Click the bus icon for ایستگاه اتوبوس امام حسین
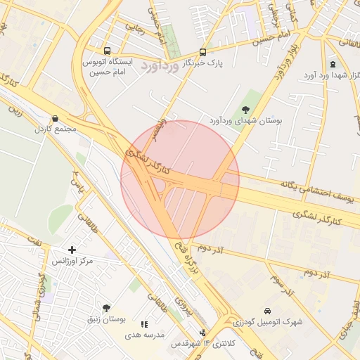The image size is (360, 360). pyautogui.click(x=107, y=51)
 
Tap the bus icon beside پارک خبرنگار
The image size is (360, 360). pyautogui.click(x=203, y=52)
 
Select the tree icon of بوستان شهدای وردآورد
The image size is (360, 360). pyautogui.click(x=245, y=109)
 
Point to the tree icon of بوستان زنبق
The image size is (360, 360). pyautogui.click(x=106, y=308)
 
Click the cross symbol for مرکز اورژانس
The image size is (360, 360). pyautogui.click(x=72, y=250)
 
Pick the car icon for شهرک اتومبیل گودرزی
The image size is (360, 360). pyautogui.click(x=268, y=311)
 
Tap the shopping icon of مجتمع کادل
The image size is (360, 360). pyautogui.click(x=55, y=119)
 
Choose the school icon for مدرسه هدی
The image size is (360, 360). pyautogui.click(x=144, y=324)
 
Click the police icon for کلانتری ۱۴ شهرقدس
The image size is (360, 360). pyautogui.click(x=203, y=333)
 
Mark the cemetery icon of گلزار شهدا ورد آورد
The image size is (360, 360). pyautogui.click(x=333, y=64)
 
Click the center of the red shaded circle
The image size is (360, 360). pyautogui.click(x=180, y=180)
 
